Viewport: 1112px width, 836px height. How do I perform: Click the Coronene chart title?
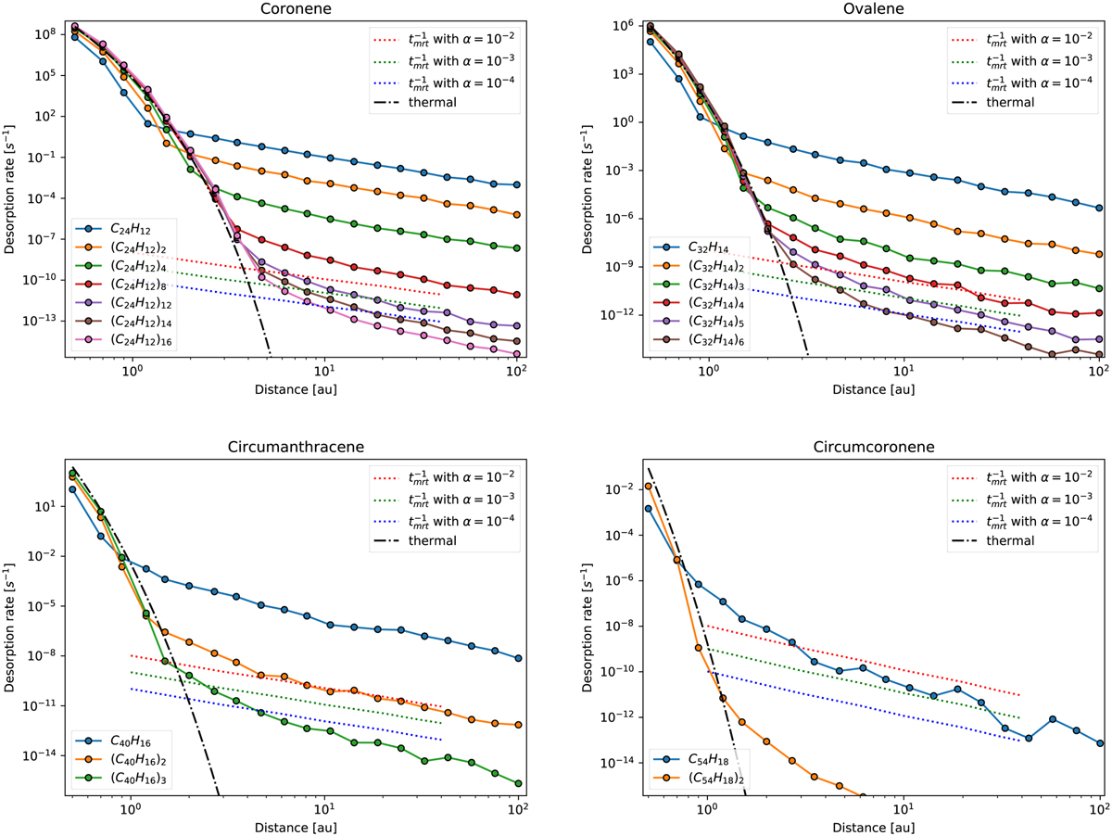tap(290, 10)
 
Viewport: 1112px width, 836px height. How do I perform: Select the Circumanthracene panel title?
tap(290, 447)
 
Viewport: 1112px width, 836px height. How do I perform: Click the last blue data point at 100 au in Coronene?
tap(516, 184)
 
